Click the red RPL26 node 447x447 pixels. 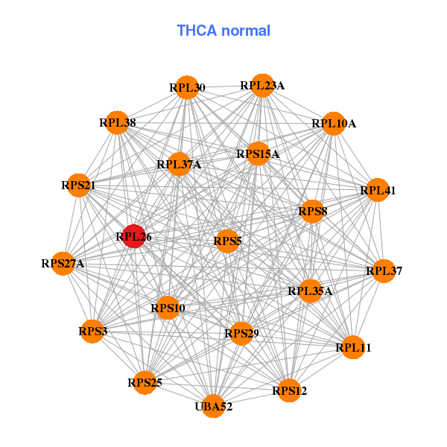pos(134,237)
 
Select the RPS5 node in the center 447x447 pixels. pos(227,241)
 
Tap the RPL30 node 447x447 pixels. pos(187,88)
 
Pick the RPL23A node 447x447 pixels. pos(261,86)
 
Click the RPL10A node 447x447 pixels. pos(333,123)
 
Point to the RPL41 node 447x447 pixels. pos(378,191)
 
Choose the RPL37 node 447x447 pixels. pos(383,271)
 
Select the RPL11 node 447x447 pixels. pos(354,347)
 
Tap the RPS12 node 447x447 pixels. pos(289,390)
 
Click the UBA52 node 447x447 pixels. pos(214,406)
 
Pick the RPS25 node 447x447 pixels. pos(145,383)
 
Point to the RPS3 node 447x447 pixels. pos(92,331)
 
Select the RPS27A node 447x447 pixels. pos(63,263)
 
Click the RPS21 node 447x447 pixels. pos(79,185)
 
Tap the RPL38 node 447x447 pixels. pos(118,123)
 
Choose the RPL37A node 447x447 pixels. pos(179,164)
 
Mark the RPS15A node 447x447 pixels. pos(258,154)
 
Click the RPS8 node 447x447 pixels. pos(312,212)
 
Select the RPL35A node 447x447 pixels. pos(310,291)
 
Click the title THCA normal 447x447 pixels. pos(223,31)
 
